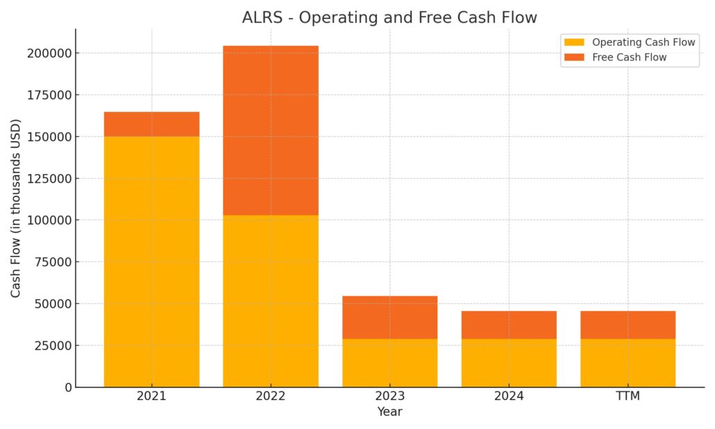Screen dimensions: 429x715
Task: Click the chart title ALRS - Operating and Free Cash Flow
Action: [389, 18]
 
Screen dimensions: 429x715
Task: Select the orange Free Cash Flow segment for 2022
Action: [271, 131]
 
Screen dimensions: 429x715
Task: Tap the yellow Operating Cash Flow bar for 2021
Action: [151, 261]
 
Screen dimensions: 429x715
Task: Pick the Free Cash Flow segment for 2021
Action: [151, 124]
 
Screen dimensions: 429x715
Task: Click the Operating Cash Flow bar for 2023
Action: [389, 362]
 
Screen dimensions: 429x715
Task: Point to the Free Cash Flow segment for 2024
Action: [509, 325]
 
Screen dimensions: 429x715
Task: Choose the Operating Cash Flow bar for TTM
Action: [628, 362]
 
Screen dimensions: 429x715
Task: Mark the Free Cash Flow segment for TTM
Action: [628, 325]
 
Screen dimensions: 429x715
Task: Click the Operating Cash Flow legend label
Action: [643, 42]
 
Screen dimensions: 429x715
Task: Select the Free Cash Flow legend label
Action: [629, 58]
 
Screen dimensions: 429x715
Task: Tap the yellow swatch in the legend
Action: [575, 42]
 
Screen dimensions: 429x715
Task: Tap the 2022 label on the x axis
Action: [271, 396]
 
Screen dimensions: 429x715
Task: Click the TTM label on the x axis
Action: [628, 396]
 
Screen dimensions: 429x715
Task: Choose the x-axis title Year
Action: [389, 412]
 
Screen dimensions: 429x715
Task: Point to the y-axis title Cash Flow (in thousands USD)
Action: [16, 208]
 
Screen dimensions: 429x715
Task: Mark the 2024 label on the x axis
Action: [509, 396]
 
